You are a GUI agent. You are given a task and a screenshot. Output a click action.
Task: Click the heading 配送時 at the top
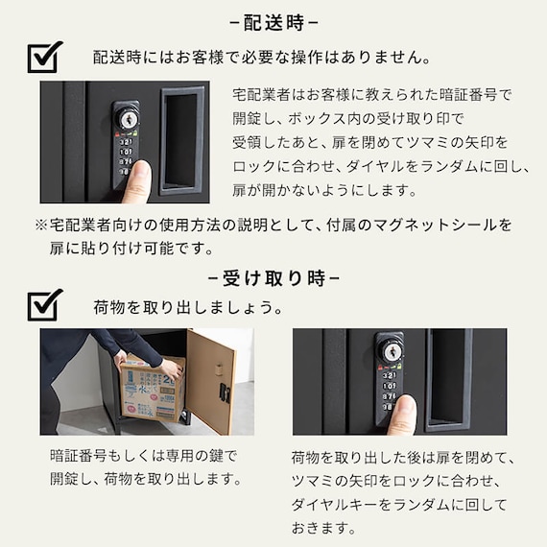pos(273,23)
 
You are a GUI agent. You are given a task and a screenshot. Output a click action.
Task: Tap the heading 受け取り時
pos(273,278)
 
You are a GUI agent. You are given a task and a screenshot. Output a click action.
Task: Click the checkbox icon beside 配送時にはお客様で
pos(45,57)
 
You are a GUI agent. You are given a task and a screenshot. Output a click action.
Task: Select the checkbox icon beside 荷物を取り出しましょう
pos(45,305)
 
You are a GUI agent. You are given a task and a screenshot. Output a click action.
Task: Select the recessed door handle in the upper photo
pos(181,140)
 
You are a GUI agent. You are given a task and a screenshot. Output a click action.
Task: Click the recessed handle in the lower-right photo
pos(449,378)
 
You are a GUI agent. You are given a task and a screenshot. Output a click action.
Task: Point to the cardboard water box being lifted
pos(153,389)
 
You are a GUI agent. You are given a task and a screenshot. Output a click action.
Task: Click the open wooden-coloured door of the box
pos(211,381)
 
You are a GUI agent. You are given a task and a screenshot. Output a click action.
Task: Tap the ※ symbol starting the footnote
pos(41,225)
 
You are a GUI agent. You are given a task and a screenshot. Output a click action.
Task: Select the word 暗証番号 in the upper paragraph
pos(468,95)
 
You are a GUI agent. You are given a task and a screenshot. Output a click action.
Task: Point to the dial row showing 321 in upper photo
pos(126,142)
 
